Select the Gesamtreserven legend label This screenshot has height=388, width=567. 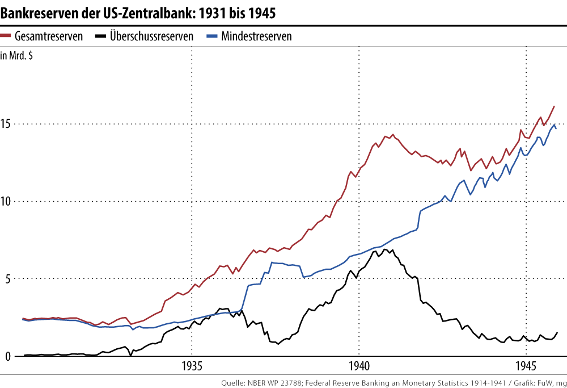(49, 36)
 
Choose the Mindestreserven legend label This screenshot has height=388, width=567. (256, 36)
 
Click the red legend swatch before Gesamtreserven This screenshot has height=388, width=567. (6, 36)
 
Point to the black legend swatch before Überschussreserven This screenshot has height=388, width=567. (101, 36)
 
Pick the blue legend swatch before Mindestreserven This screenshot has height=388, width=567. (213, 36)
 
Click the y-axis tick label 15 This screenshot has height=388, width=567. (6, 124)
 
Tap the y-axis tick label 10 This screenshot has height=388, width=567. (6, 202)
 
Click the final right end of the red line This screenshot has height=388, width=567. (554, 106)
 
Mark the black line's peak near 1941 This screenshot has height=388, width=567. (385, 249)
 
